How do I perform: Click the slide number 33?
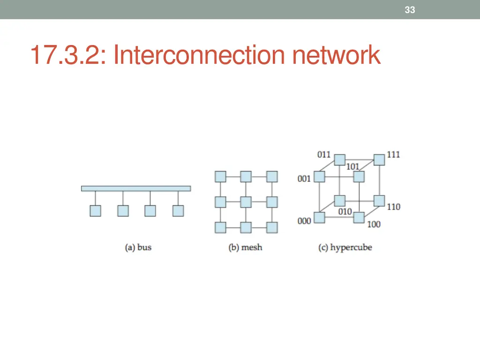click(410, 10)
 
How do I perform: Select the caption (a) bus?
click(138, 247)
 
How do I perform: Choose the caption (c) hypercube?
click(345, 247)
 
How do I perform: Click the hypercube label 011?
click(324, 155)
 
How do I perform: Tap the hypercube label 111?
click(393, 155)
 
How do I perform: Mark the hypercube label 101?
click(352, 166)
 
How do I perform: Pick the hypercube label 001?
click(304, 179)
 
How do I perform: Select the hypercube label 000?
click(304, 221)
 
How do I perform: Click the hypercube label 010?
click(345, 212)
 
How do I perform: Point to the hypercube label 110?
click(393, 207)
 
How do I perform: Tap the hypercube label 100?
click(374, 225)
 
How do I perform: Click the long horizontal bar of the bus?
click(136, 188)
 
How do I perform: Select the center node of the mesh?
click(246, 202)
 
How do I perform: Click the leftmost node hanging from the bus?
click(95, 211)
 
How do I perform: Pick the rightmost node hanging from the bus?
click(178, 211)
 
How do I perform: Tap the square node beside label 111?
click(379, 159)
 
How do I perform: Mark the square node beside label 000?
click(319, 218)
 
